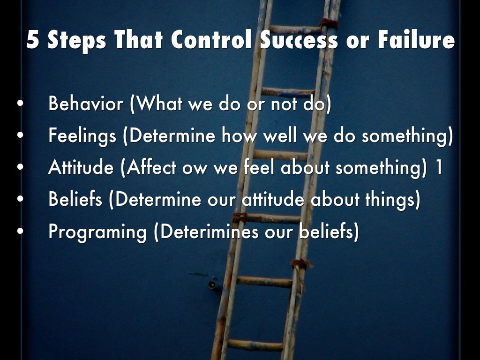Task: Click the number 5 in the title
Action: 33,39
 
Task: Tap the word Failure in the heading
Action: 416,39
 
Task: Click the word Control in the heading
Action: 211,39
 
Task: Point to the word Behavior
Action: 86,103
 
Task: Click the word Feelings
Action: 82,135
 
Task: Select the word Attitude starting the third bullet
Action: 81,167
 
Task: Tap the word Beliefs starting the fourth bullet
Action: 75,199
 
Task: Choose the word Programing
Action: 97,232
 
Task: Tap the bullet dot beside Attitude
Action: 21,167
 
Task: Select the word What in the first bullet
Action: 159,104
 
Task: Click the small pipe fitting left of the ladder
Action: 213,284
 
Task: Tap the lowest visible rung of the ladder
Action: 255,345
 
